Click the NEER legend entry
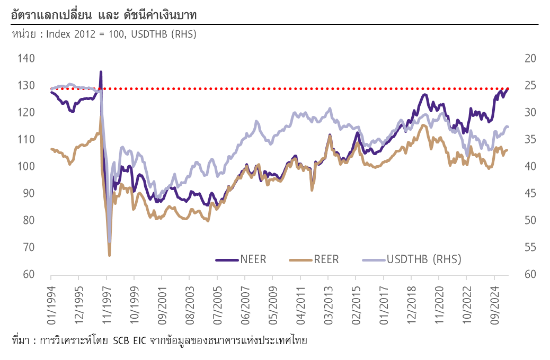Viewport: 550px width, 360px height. (x=253, y=259)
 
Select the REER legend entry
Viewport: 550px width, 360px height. (x=326, y=259)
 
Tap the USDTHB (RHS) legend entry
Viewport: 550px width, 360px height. (x=423, y=259)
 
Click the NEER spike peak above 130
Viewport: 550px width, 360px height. (x=101, y=71)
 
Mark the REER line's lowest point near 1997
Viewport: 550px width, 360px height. (x=110, y=256)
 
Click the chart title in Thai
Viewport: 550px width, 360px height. (x=103, y=15)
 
